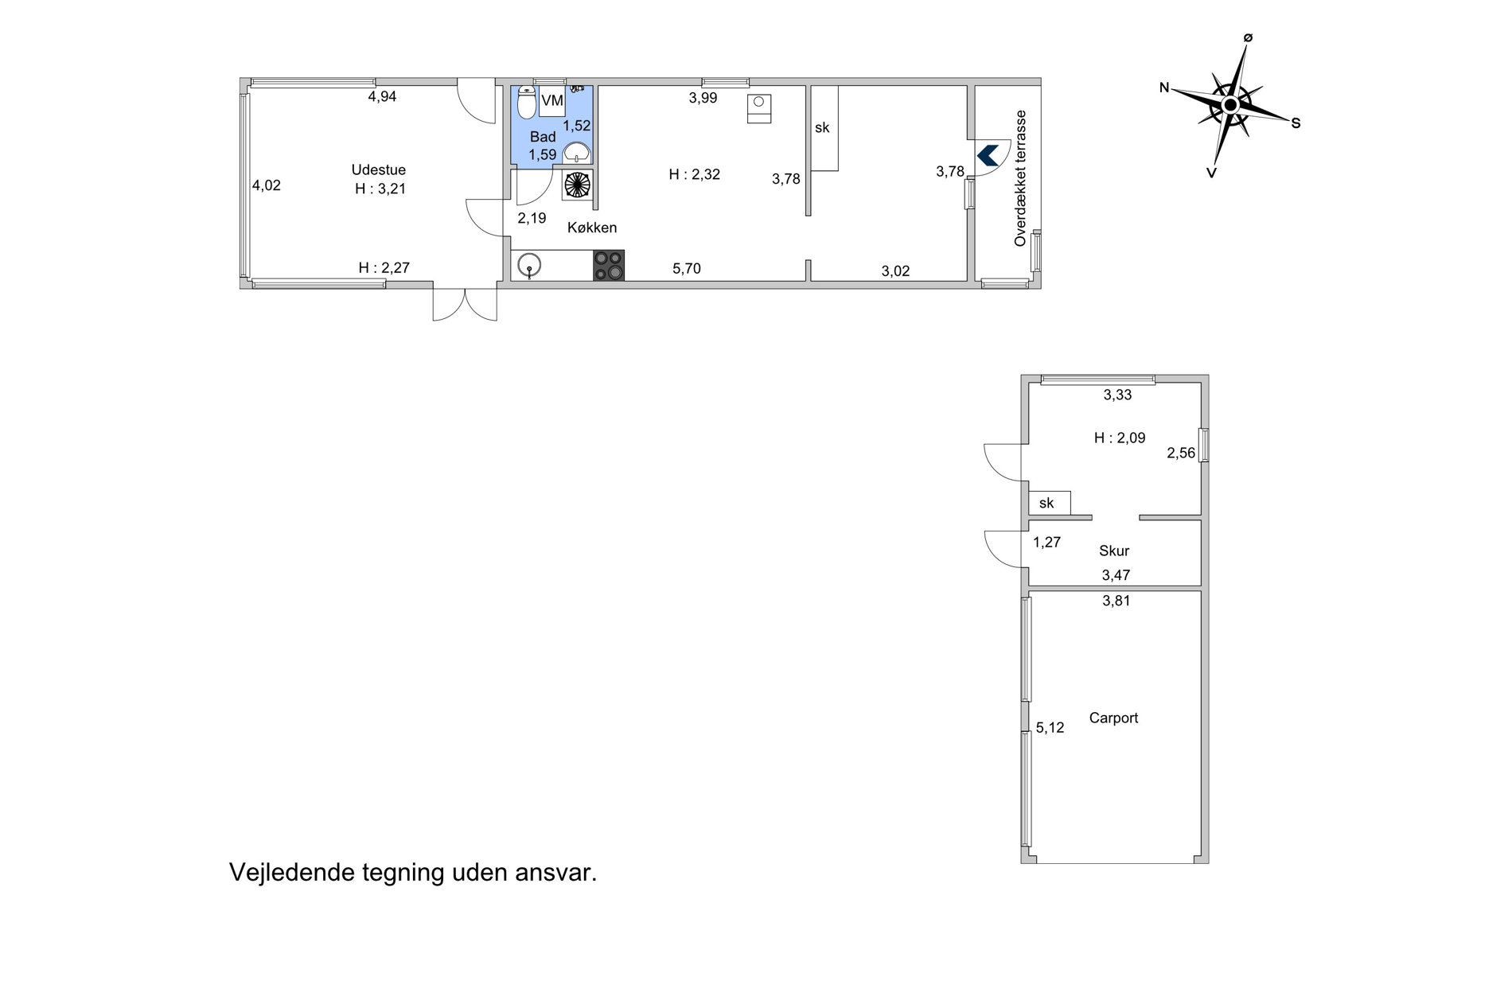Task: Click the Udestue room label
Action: [x=379, y=169]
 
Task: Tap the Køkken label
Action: [x=592, y=228]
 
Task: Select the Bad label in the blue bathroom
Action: [x=543, y=137]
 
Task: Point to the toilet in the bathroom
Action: [x=526, y=103]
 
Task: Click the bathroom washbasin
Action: [x=576, y=152]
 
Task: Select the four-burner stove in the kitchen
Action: [x=609, y=265]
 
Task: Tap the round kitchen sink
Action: [x=529, y=265]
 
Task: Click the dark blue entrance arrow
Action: [x=988, y=154]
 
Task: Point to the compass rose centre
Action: [x=1230, y=105]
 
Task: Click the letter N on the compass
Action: [x=1164, y=88]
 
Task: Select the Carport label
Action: [x=1113, y=718]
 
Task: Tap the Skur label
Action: [x=1114, y=551]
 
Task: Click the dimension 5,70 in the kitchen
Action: [x=687, y=269]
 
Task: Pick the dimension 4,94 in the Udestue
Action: [x=382, y=97]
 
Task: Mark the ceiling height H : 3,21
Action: [x=380, y=189]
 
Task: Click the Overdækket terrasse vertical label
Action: [x=1021, y=178]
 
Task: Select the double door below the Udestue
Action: [x=465, y=302]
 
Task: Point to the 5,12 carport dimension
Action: [x=1050, y=727]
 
